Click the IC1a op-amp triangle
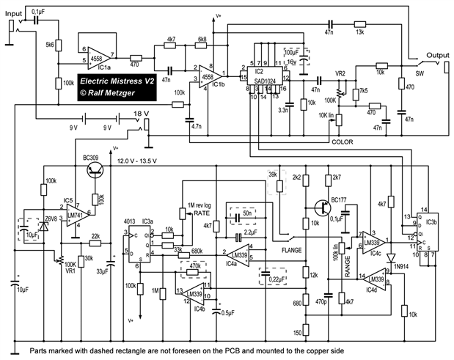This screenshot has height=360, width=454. pyautogui.click(x=100, y=55)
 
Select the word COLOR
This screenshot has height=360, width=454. pyautogui.click(x=343, y=142)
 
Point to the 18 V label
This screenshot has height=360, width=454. pyautogui.click(x=142, y=114)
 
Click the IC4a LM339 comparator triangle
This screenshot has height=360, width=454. pyautogui.click(x=238, y=254)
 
